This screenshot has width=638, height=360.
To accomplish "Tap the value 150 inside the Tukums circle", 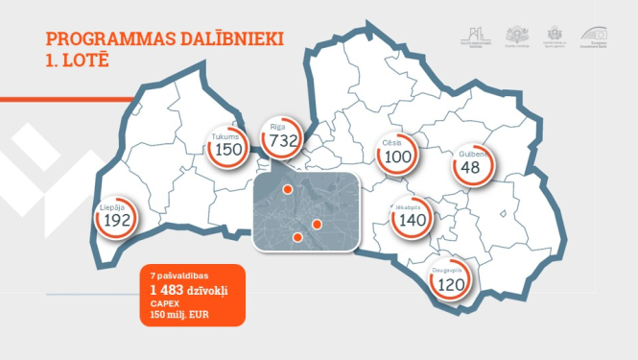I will click(228, 150).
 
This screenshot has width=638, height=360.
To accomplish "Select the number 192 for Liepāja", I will click(116, 220).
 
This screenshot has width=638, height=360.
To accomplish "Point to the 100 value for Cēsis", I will click(396, 157).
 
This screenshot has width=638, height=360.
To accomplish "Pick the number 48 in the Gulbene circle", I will click(470, 168).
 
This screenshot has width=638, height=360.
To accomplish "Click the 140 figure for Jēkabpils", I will click(411, 220).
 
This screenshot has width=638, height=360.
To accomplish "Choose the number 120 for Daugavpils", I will click(450, 285).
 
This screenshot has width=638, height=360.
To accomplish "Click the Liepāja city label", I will click(111, 206).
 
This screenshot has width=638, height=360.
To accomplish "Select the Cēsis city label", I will click(391, 143).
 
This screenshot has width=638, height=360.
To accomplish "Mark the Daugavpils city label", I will click(449, 271).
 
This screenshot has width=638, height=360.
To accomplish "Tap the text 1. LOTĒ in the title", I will click(78, 60).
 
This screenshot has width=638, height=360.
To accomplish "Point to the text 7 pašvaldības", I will click(171, 276).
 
